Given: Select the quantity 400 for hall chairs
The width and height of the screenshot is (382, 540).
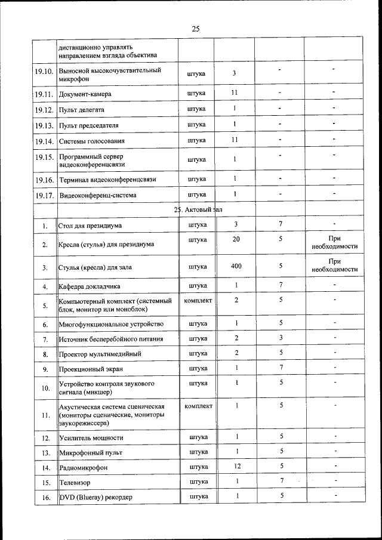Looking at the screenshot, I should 236,266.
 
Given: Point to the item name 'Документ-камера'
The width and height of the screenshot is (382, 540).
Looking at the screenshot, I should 85,94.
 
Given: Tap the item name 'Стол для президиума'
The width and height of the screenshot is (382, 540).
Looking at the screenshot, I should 90,226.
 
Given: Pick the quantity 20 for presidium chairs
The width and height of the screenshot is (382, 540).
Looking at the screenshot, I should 236,240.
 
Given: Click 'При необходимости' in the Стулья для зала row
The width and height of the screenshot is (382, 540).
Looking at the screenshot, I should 334,266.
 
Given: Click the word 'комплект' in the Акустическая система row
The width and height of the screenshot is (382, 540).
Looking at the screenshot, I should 198,406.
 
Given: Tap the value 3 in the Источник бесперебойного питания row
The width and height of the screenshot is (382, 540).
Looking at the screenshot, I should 280,338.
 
